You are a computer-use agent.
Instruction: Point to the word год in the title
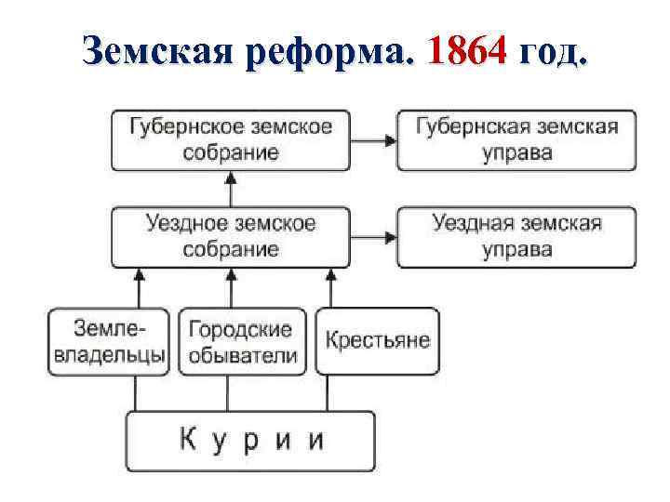[554, 52]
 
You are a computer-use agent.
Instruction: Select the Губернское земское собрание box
[232, 139]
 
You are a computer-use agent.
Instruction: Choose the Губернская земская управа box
[516, 139]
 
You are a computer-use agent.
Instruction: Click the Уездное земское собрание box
[232, 236]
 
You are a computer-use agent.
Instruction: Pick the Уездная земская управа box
[516, 236]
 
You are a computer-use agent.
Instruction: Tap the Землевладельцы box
[109, 341]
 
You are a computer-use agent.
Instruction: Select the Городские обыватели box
[241, 341]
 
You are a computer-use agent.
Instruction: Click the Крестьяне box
[377, 340]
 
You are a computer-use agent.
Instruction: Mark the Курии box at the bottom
[250, 440]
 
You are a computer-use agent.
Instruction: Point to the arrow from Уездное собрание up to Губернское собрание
[232, 188]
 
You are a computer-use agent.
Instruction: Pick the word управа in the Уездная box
[516, 250]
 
